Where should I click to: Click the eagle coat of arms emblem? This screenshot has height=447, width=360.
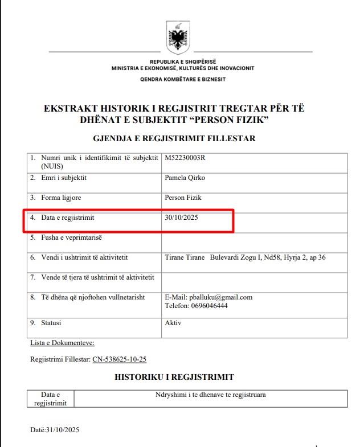coord(177,37)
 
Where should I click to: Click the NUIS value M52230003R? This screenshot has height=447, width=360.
coord(183,158)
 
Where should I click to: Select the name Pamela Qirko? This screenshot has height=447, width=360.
coord(185,178)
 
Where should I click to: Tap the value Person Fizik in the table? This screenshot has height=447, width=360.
coord(182,198)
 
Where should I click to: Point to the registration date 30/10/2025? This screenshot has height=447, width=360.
coord(181,218)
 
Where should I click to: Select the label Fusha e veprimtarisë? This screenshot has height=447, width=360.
coord(71,237)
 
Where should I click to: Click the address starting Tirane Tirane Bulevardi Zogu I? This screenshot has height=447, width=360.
coord(244,257)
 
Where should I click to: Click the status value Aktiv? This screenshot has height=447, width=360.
coord(173,323)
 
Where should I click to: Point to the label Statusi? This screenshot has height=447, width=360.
coord(51,323)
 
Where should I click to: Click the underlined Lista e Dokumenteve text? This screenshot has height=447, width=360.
coord(62,343)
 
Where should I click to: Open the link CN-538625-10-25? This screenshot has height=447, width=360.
coord(119,359)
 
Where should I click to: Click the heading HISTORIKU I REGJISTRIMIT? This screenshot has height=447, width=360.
coord(174,377)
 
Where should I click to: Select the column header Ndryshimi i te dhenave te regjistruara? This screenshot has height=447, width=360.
coord(211,394)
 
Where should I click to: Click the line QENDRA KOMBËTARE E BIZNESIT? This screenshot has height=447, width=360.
coord(182,79)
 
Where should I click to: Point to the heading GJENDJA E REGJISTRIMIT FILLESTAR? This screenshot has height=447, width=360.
coord(174,138)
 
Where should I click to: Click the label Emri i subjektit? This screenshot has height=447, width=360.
coord(64,178)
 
